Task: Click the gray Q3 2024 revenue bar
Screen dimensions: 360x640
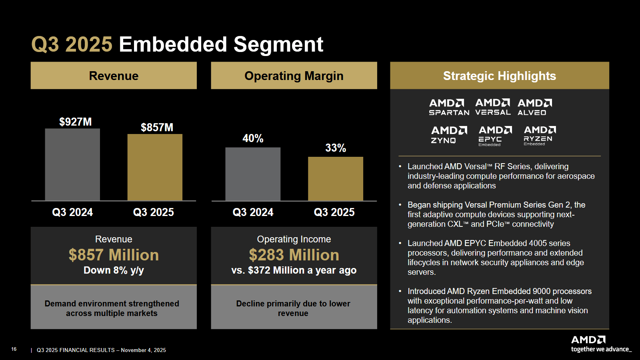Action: click(72, 164)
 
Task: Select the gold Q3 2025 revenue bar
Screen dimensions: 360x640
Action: click(155, 167)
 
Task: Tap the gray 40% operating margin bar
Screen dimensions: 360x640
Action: click(253, 174)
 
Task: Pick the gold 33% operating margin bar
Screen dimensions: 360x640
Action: click(336, 178)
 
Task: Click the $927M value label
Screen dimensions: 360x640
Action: click(75, 122)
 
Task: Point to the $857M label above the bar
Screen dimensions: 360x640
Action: click(157, 127)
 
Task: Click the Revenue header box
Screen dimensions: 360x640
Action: click(114, 76)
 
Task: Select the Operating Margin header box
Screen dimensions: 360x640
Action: click(294, 76)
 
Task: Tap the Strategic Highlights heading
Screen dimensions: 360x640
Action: click(499, 76)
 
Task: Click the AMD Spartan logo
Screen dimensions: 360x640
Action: click(449, 107)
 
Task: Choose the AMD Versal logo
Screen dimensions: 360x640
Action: click(493, 107)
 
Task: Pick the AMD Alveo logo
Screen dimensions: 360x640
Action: click(534, 107)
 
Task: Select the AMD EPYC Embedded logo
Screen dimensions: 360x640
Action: click(495, 136)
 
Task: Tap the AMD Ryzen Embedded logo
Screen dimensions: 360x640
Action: click(540, 136)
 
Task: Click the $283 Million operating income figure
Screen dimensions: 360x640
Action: click(294, 255)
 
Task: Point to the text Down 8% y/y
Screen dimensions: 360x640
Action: click(114, 270)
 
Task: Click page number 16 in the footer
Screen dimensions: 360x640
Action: click(14, 349)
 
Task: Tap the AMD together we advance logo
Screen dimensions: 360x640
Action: click(600, 344)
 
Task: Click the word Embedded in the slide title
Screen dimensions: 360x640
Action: click(173, 44)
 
